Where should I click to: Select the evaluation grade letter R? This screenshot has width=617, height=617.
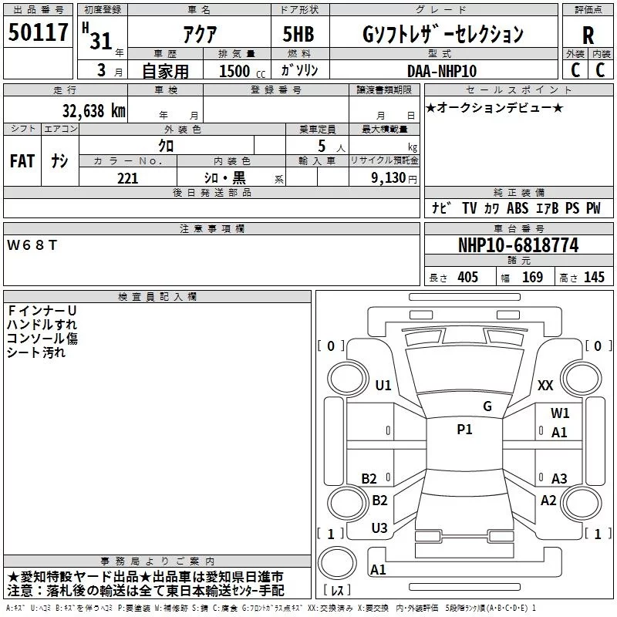point(588,35)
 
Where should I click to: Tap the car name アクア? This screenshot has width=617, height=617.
point(198,34)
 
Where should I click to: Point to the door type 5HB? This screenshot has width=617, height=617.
point(299,34)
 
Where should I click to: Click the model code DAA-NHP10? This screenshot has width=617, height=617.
point(442,70)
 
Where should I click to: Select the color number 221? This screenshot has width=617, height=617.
point(127,177)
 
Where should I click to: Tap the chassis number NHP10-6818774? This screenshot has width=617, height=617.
point(518,245)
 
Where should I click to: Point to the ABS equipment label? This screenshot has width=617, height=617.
point(518,208)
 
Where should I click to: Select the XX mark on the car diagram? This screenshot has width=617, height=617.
point(545,385)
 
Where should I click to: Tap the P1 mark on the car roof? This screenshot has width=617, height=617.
point(464,430)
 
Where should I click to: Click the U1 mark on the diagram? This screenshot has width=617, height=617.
point(383,385)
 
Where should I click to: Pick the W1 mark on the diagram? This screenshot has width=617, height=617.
point(560,413)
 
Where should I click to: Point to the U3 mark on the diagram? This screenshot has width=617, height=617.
point(379,528)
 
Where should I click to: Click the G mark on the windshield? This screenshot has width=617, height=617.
point(487,406)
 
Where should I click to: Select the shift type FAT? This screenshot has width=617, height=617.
point(22,161)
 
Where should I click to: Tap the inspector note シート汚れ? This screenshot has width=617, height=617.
point(36,352)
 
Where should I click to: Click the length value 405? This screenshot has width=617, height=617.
point(467,278)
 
